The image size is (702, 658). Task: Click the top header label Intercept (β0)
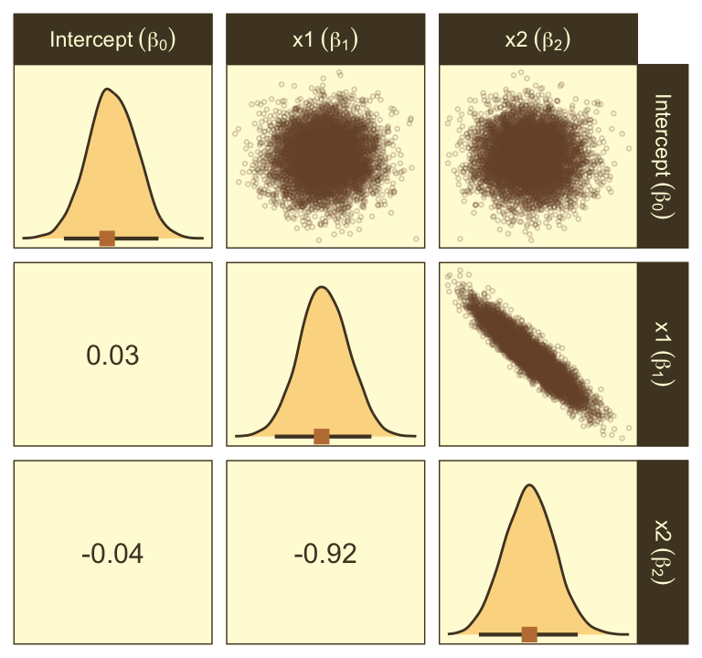click(x=113, y=40)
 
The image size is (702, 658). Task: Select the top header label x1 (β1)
click(x=324, y=40)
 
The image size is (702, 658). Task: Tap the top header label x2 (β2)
click(x=537, y=40)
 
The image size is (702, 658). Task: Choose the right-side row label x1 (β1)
click(x=665, y=355)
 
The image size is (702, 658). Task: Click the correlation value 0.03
click(x=112, y=355)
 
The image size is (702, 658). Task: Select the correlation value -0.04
click(x=112, y=553)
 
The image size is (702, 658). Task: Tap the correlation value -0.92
click(x=325, y=553)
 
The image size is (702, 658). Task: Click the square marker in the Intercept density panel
click(x=107, y=239)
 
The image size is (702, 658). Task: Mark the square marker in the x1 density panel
click(x=321, y=436)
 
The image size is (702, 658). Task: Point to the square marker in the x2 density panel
click(x=529, y=634)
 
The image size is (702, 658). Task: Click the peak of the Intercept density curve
click(x=109, y=90)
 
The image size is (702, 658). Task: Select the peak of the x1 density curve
click(x=322, y=288)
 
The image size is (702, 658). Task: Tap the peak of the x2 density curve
click(x=529, y=484)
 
